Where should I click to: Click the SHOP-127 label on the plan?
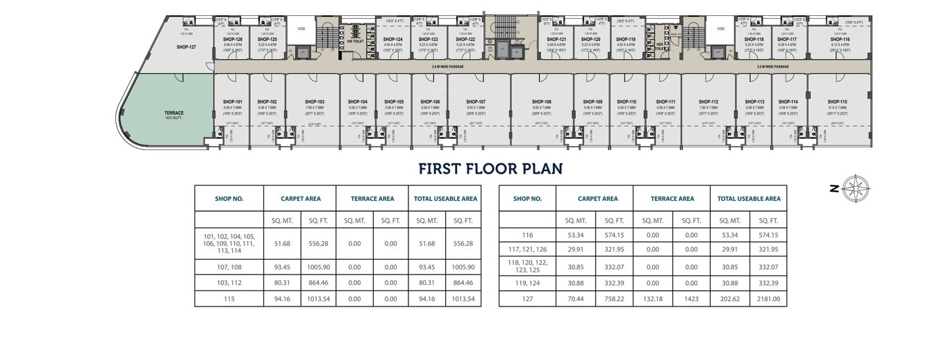click(187, 47)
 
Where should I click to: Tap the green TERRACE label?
click(174, 113)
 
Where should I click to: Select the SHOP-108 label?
click(542, 101)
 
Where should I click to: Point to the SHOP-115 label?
click(838, 101)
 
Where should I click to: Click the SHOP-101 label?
click(233, 101)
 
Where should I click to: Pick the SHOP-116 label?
click(839, 39)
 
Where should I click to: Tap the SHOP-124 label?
click(394, 39)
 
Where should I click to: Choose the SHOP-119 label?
click(626, 39)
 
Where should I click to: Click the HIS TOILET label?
click(356, 42)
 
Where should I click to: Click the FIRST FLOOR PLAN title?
click(490, 169)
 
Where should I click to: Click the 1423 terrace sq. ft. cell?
click(690, 299)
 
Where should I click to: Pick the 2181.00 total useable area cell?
click(768, 299)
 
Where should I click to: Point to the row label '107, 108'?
click(229, 267)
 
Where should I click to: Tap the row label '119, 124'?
click(527, 283)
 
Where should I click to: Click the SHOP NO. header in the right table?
click(527, 199)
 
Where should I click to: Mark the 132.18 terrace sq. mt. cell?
click(652, 299)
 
